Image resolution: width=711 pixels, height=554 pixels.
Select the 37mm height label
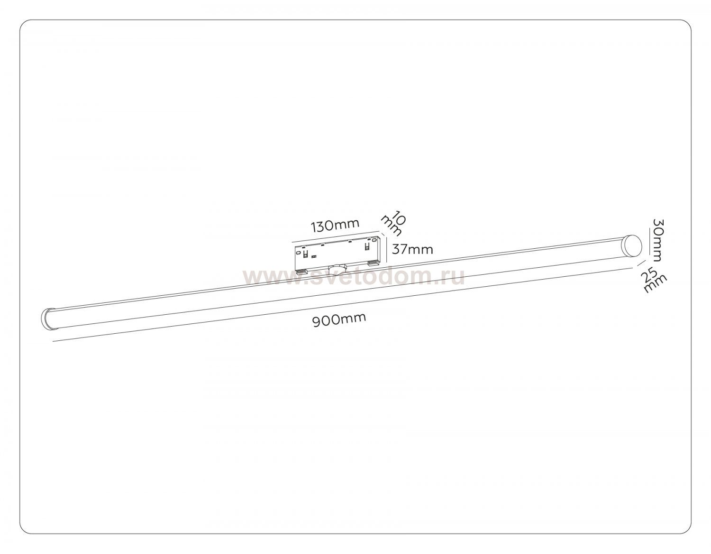(412, 250)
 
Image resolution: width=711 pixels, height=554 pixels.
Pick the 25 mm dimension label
(654, 280)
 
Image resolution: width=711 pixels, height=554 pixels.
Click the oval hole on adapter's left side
(298, 253)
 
